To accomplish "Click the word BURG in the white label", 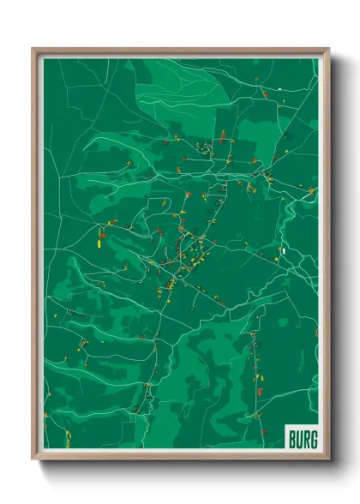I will click(302, 439).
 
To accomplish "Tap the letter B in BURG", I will click(291, 439).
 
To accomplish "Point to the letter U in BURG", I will click(298, 439).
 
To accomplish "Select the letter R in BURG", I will click(305, 439).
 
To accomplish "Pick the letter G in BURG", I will click(313, 439).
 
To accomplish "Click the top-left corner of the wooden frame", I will click(33, 49).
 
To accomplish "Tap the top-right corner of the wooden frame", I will click(329, 49).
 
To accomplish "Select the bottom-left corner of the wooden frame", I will click(33, 459).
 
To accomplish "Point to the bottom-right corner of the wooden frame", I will click(329, 459).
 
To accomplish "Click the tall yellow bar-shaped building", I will click(99, 239).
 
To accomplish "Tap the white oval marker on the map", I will click(281, 251).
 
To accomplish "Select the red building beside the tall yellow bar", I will click(101, 230).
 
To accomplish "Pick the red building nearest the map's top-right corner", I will click(279, 89).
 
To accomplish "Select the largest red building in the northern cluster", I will click(223, 135).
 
